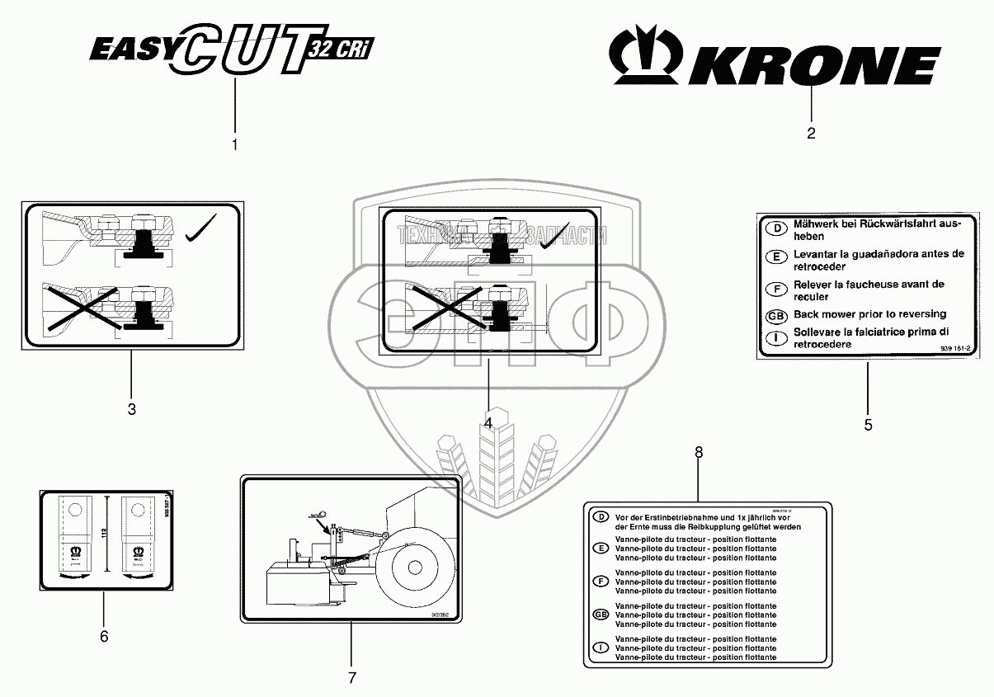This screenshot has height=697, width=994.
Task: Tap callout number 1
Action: (x=234, y=145)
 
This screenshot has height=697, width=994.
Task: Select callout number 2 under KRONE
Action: (x=811, y=134)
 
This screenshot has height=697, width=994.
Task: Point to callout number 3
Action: (x=131, y=408)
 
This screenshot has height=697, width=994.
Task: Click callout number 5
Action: (x=868, y=425)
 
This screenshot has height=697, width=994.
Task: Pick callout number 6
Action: (x=103, y=636)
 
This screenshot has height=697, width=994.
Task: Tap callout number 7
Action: (x=351, y=678)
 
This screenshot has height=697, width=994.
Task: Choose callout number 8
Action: (x=699, y=452)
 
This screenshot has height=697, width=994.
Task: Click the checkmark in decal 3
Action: (x=200, y=228)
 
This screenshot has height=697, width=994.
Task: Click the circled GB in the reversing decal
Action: (x=775, y=315)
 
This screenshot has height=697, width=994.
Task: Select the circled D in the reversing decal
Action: (x=775, y=226)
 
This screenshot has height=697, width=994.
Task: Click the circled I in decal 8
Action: (x=601, y=648)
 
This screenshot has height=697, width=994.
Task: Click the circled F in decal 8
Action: (x=601, y=582)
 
